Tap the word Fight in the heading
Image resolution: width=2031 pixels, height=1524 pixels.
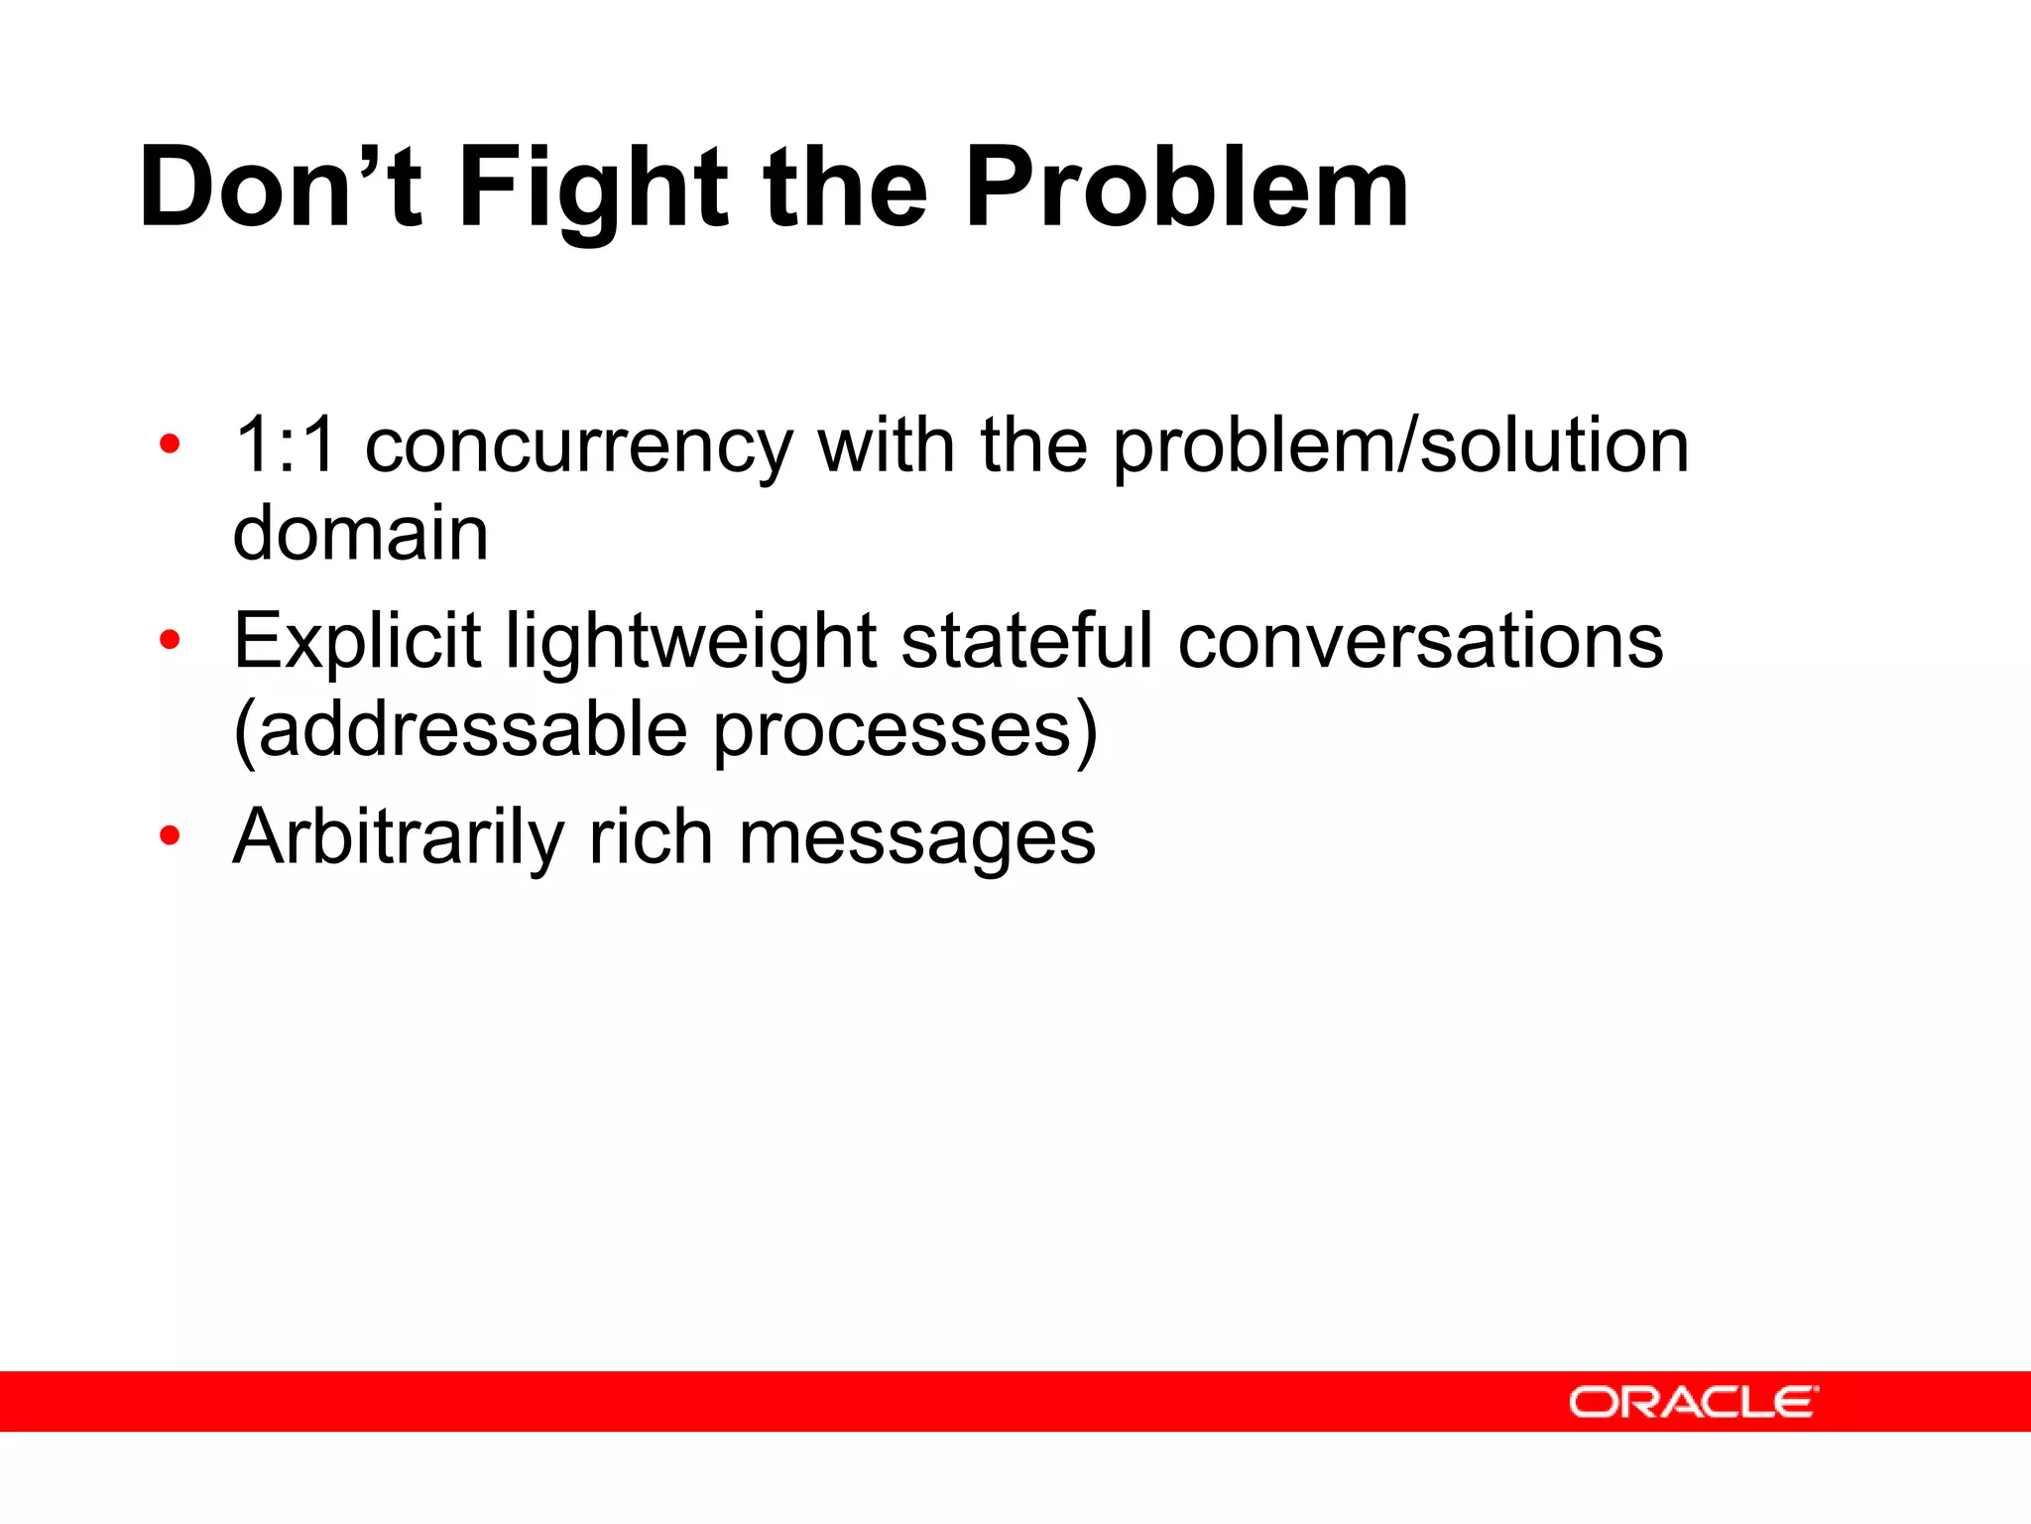593,189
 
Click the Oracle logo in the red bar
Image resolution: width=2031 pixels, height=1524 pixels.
1693,1402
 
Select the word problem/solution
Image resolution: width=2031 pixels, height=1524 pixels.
1400,446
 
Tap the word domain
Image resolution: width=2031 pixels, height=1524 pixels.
360,533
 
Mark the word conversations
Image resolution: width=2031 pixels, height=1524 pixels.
1420,641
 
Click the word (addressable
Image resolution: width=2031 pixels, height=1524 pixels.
460,730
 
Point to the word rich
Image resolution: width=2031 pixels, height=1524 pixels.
651,837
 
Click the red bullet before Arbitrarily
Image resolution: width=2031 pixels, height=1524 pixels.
170,836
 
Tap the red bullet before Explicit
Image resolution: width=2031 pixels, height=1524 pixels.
170,641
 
